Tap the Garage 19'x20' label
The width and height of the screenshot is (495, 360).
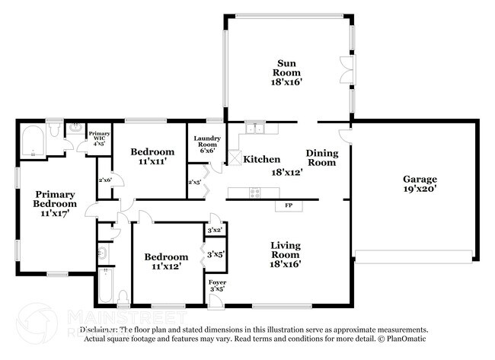pyautogui.click(x=420, y=186)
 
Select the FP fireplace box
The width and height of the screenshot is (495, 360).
pyautogui.click(x=289, y=205)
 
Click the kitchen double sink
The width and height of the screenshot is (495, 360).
pyautogui.click(x=254, y=129)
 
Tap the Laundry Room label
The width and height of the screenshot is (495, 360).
pyautogui.click(x=208, y=145)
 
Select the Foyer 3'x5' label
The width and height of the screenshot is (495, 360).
pyautogui.click(x=217, y=286)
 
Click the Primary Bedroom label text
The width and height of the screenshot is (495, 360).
pyautogui.click(x=55, y=204)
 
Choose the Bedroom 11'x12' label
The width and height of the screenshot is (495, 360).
pyautogui.click(x=166, y=262)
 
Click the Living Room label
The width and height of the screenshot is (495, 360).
pyautogui.click(x=286, y=254)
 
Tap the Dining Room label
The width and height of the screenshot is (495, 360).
pyautogui.click(x=321, y=158)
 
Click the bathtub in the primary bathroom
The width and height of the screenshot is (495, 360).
pyautogui.click(x=32, y=142)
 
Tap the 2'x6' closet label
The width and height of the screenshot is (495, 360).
pyautogui.click(x=104, y=180)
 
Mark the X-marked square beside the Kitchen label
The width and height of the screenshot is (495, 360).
pyautogui.click(x=235, y=159)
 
